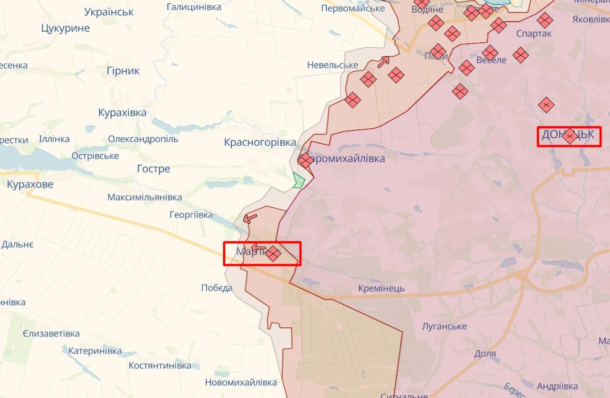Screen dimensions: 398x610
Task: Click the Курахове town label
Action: pos(30,184)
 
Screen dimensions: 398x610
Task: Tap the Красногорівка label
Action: pos(260,142)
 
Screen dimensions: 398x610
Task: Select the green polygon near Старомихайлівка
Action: pos(298,180)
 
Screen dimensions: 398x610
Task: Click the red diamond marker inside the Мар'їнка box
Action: pos(273,253)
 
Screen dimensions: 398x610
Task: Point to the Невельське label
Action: pos(333,65)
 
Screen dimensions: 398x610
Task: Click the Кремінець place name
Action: pos(382,288)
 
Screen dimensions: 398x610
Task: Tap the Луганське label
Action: pos(444,326)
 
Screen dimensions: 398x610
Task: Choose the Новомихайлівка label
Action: pos(241,383)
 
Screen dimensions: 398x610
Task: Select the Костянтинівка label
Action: pos(159,365)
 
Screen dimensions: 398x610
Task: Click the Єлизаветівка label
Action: pos(51,334)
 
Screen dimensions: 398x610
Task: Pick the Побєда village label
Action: pos(216,288)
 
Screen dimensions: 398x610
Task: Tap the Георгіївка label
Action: pos(191,215)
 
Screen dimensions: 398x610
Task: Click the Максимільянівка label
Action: pos(145,197)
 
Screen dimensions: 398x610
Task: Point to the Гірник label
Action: pos(123,71)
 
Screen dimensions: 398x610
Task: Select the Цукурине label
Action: pos(65,28)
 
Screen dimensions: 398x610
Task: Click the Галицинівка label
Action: pos(194,7)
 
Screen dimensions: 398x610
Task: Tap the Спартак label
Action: pos(534,34)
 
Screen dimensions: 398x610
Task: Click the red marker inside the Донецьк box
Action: pos(570,136)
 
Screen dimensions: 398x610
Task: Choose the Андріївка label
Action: pos(558,385)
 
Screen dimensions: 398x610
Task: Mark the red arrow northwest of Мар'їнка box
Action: pos(249,218)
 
